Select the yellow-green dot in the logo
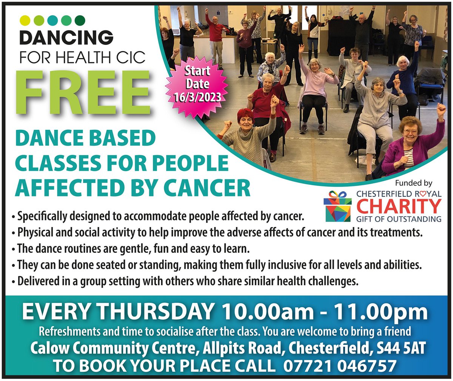click(x=24, y=19)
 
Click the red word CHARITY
click(x=399, y=206)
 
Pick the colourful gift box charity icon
click(x=337, y=207)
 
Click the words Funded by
click(x=413, y=183)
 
